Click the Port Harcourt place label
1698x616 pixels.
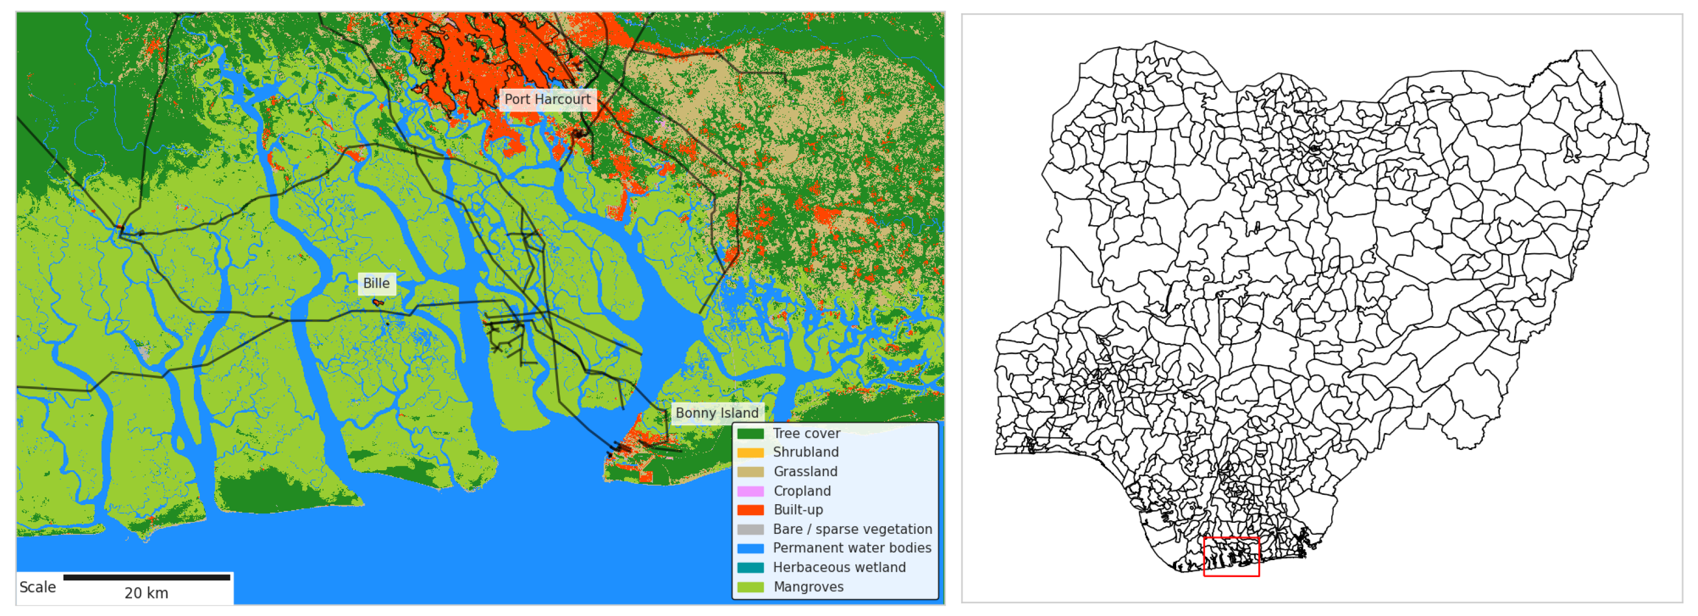tap(547, 100)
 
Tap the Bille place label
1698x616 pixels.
tap(376, 283)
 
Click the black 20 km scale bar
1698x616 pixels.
tap(146, 578)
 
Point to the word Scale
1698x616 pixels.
tap(38, 588)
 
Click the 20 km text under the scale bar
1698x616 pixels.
tap(146, 594)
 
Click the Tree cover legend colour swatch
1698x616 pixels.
tap(750, 434)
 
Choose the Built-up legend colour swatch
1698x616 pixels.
tap(750, 510)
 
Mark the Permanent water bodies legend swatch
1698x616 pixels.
tap(750, 549)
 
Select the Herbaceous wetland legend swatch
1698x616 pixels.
tap(750, 568)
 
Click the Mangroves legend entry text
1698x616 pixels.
tap(808, 587)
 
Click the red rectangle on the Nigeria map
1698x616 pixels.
tap(1231, 557)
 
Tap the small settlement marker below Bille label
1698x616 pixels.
tap(378, 303)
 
